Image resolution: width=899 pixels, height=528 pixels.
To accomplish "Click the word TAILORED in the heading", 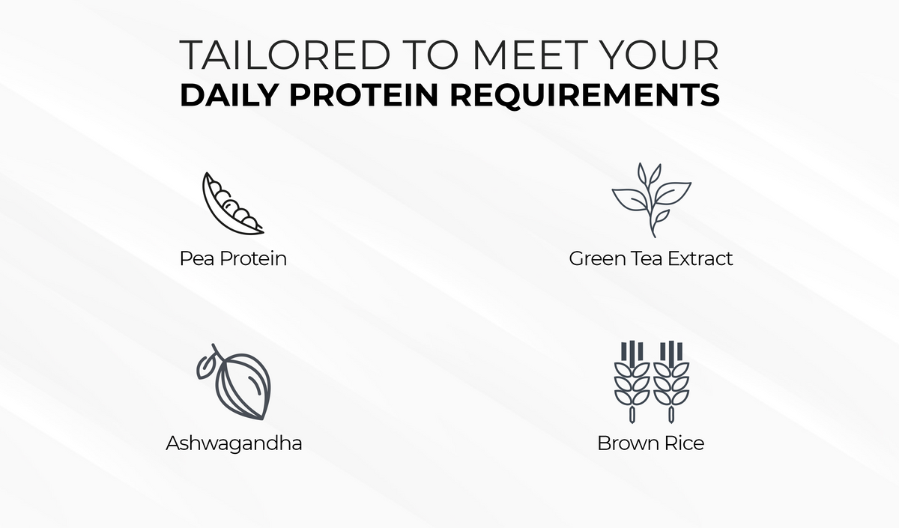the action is point(285,55).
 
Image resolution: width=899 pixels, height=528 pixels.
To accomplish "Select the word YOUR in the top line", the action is point(660,55).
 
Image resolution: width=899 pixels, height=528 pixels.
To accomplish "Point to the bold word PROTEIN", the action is point(363,95).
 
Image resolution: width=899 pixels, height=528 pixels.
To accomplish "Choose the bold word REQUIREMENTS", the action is point(585,96).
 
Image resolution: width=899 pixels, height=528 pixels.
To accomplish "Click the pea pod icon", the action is point(233,204).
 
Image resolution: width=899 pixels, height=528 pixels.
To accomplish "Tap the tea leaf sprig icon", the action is point(651,200).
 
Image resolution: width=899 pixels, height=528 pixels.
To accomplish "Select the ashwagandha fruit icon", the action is point(234,382).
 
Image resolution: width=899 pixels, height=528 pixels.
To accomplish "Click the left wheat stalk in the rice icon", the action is point(632,382).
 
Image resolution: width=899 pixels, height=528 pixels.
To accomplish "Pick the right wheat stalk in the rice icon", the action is point(671,382).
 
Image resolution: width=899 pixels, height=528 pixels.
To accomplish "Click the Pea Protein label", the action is point(233,258).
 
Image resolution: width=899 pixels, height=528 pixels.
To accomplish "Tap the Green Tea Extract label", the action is point(651,258).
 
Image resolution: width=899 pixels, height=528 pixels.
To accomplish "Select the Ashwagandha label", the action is point(234,443).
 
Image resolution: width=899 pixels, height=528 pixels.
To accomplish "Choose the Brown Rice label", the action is point(650,443).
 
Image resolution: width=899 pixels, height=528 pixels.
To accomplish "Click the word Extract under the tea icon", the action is point(700,258).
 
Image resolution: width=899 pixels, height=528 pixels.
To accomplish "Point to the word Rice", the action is point(684,443).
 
